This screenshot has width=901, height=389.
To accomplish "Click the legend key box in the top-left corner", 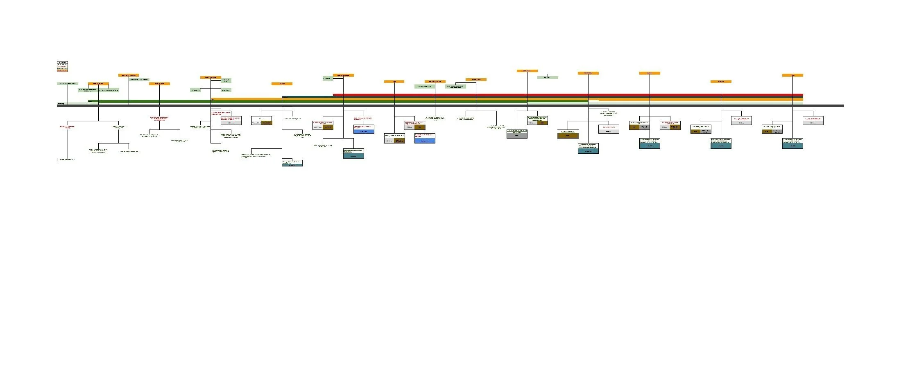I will click(x=62, y=67).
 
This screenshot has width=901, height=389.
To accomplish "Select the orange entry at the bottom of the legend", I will click(x=62, y=71).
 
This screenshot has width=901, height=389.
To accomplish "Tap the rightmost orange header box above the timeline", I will click(x=792, y=75).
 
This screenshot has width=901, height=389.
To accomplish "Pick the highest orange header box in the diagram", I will click(x=527, y=71).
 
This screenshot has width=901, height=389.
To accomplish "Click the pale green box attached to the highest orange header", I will click(x=548, y=77).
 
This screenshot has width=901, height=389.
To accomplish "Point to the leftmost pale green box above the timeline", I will click(x=68, y=84).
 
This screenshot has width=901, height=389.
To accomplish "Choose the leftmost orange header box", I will click(x=98, y=84).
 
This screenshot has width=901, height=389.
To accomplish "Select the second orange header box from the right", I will click(x=721, y=82).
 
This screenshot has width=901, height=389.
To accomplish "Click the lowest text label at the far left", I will click(x=68, y=159).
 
